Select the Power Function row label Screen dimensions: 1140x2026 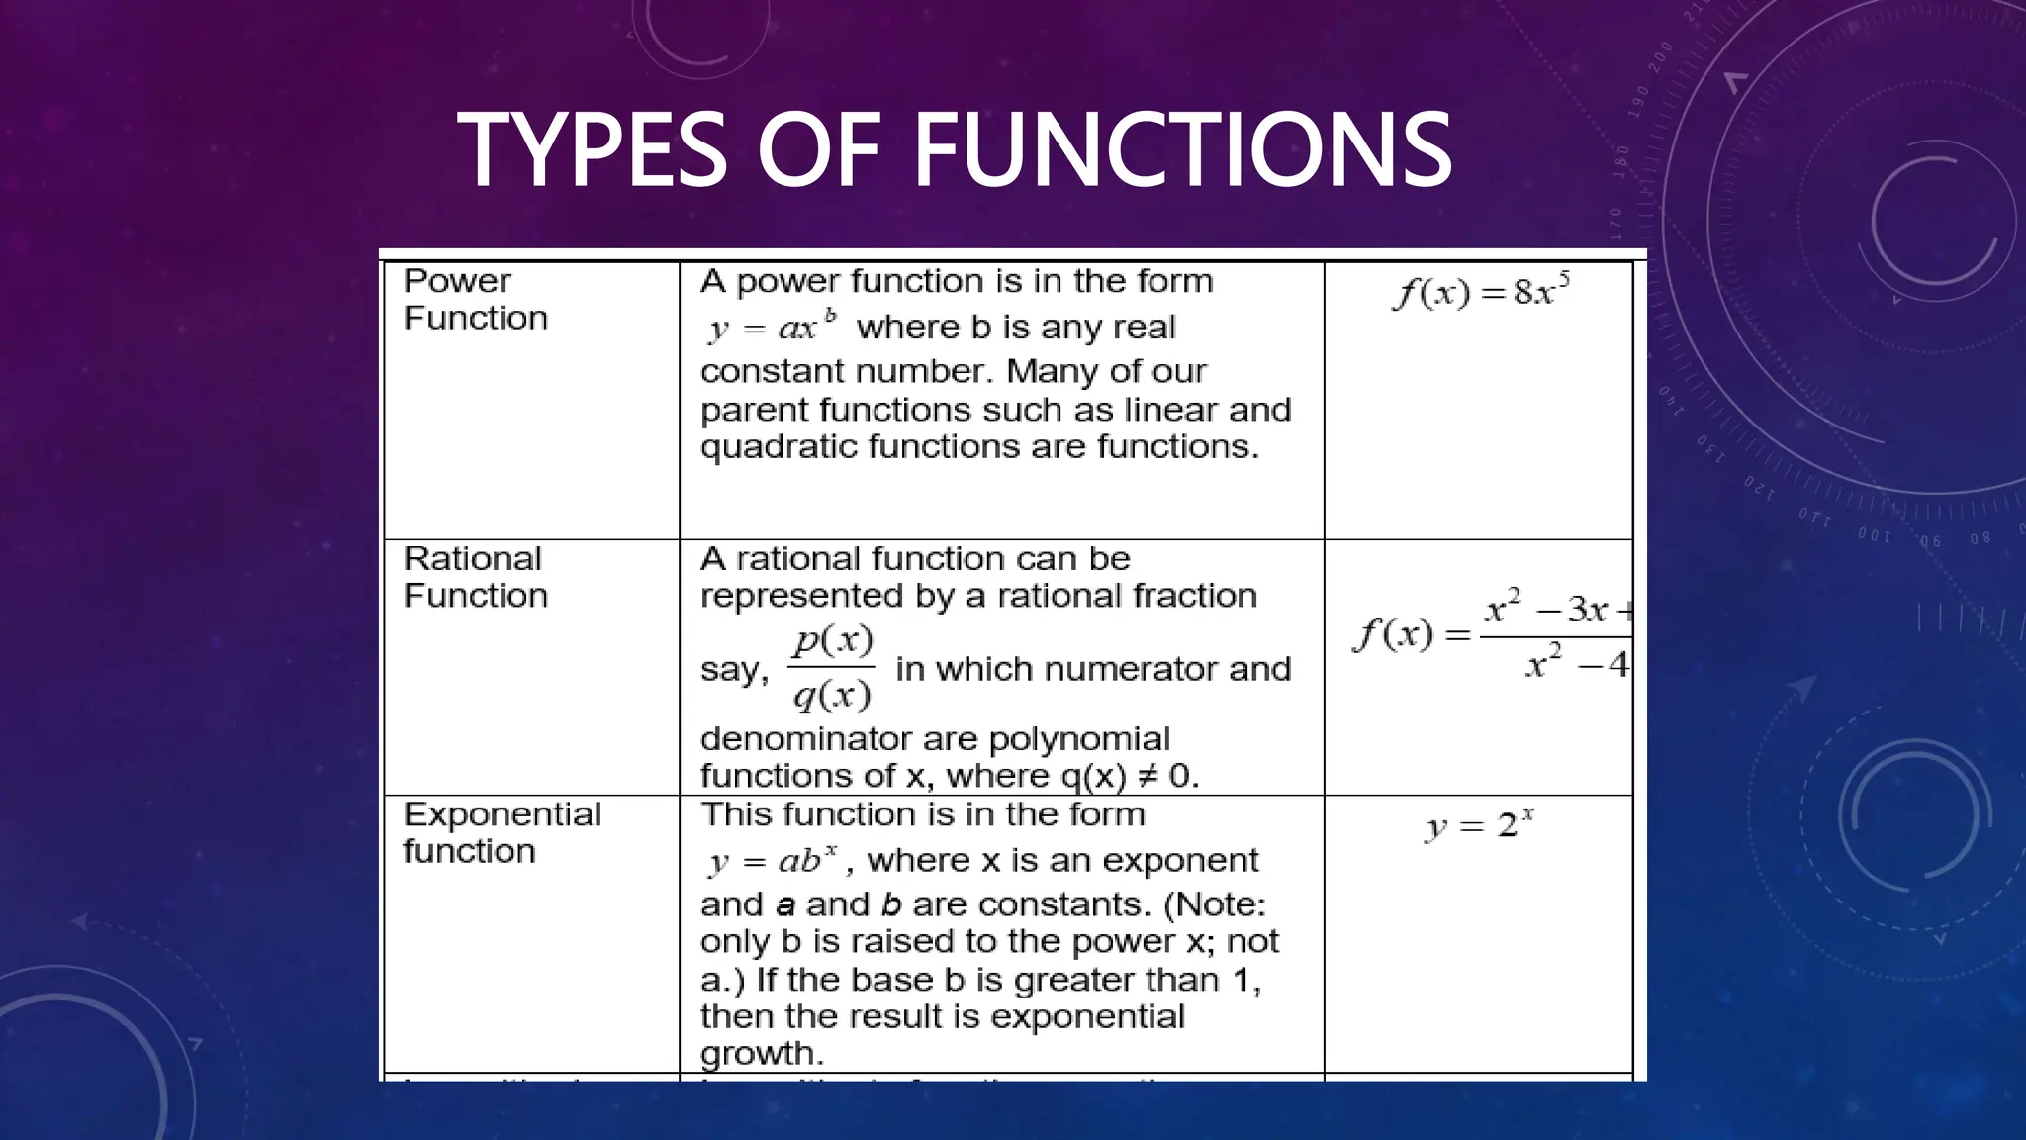[475, 299]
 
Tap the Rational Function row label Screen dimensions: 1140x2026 [475, 577]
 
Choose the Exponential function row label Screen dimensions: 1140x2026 [502, 832]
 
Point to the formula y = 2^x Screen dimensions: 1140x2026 [1479, 824]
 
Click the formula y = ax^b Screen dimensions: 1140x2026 [773, 326]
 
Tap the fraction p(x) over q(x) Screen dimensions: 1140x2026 [832, 668]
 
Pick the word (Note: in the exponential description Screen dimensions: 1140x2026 [1215, 904]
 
